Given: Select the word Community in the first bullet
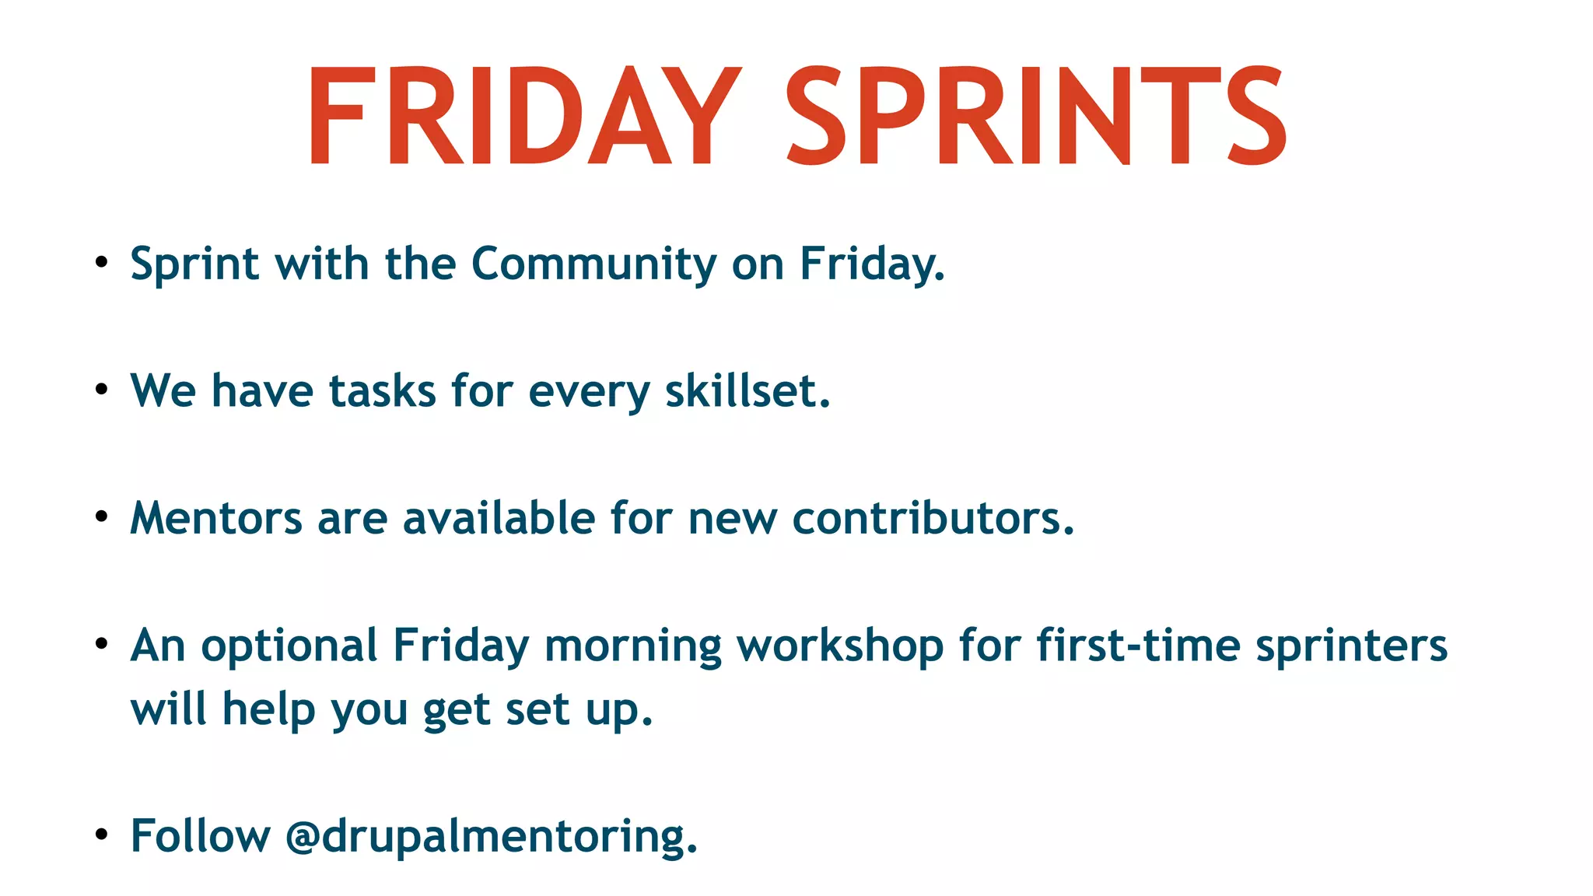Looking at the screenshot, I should click(x=593, y=264).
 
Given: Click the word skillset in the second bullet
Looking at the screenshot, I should click(x=747, y=390).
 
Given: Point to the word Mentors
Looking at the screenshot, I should click(x=215, y=518).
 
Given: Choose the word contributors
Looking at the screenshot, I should click(x=933, y=518).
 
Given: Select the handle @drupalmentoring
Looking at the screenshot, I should click(x=491, y=837).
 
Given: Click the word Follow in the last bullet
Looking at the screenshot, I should click(x=200, y=837).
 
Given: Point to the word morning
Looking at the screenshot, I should click(x=632, y=647).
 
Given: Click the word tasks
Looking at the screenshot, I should click(x=382, y=390).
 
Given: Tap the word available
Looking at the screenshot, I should click(x=499, y=518).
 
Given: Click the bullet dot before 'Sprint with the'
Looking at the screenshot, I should click(x=101, y=263).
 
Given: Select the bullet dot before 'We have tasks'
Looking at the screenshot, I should click(x=101, y=390).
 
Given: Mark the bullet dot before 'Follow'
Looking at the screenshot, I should click(x=101, y=835).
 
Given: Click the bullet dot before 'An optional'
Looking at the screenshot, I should click(x=101, y=644).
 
